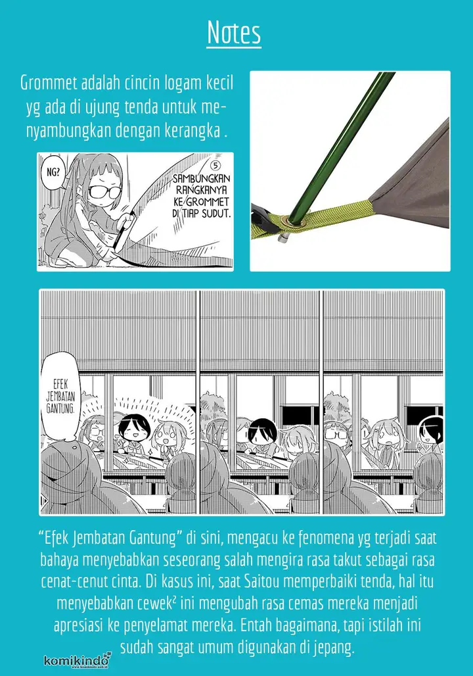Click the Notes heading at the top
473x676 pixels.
(x=234, y=32)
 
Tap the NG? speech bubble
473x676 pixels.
(x=53, y=172)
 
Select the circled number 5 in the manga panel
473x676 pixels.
(x=215, y=166)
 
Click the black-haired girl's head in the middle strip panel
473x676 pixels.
(x=263, y=433)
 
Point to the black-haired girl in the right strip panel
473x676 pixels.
(x=432, y=435)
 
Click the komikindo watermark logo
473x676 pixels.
(x=78, y=660)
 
